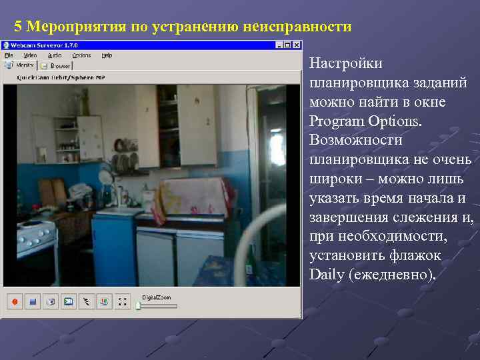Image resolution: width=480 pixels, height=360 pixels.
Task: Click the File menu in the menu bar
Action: [9, 55]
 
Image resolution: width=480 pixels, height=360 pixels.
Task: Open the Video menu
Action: [30, 55]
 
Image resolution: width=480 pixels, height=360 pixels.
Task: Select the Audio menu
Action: [55, 55]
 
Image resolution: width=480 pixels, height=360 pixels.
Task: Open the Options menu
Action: [81, 55]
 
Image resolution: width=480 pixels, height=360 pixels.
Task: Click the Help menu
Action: [107, 55]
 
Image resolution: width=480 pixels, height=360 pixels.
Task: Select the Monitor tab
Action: [20, 65]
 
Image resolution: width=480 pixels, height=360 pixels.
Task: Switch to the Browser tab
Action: [56, 65]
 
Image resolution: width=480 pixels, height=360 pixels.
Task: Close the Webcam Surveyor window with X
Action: [296, 45]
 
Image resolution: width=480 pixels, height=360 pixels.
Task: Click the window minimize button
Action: [279, 45]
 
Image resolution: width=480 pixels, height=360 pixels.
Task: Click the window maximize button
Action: [287, 45]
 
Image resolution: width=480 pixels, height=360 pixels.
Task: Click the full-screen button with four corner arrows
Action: [121, 302]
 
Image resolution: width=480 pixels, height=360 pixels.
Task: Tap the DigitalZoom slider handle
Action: [138, 306]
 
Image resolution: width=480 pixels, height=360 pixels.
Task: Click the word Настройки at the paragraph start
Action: [346, 64]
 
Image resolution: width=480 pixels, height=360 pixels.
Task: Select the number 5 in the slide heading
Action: [18, 27]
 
